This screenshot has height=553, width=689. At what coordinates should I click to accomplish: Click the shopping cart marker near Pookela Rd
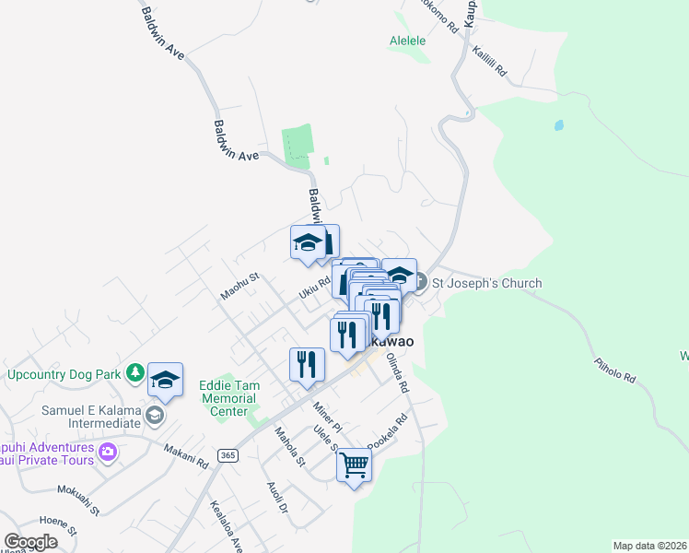tap(354, 465)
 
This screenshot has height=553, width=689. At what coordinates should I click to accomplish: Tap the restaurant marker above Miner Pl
tap(308, 363)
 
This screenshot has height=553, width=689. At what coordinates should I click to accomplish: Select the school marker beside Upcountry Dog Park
tap(166, 378)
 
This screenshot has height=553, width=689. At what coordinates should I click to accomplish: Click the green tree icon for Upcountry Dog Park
tap(135, 373)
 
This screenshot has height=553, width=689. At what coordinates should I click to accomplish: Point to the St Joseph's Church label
tap(487, 283)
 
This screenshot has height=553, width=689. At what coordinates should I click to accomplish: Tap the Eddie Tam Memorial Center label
tap(230, 398)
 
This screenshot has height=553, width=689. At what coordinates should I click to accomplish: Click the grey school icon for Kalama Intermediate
tap(155, 417)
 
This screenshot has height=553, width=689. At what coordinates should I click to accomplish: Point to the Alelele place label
tap(406, 41)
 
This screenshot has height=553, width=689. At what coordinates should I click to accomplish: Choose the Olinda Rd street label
tap(398, 373)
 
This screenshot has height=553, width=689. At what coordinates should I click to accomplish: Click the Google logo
tap(30, 542)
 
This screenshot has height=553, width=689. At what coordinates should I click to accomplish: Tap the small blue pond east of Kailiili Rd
tap(559, 124)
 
